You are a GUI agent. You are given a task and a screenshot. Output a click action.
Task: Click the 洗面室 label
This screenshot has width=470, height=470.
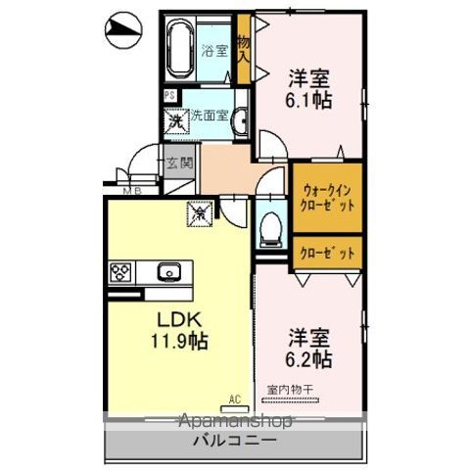(x=210, y=115)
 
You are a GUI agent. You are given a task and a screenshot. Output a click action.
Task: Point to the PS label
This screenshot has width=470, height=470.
(x=169, y=96)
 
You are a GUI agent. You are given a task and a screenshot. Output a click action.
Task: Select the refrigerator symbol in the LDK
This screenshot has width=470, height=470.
(x=198, y=211)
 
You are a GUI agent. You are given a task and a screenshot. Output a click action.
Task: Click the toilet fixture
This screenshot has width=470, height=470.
(x=270, y=227)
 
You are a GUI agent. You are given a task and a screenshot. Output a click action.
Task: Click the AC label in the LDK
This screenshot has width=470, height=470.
(x=235, y=398)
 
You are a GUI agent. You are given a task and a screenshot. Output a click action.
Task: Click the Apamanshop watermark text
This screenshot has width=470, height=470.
(x=235, y=422)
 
